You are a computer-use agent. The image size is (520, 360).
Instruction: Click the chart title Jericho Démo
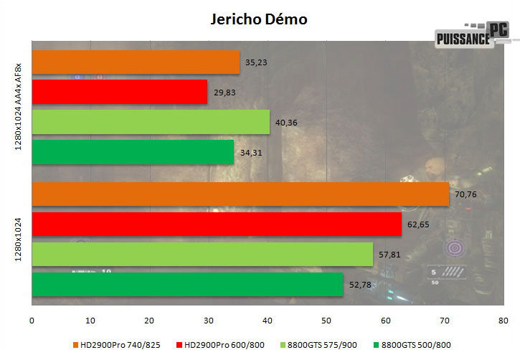[x=259, y=19]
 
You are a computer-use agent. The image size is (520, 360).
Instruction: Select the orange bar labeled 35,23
[x=136, y=62]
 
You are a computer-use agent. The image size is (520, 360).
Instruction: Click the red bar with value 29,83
[x=120, y=92]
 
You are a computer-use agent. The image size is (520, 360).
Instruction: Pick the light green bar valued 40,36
[x=151, y=122]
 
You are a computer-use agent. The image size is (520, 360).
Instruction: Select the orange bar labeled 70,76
[x=240, y=194]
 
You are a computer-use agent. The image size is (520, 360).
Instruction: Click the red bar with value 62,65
[x=217, y=224]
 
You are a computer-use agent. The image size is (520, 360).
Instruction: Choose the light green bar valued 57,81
[x=202, y=255]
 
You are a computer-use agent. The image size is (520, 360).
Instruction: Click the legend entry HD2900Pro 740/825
[x=121, y=345]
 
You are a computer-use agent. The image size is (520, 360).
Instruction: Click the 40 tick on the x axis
[x=268, y=320]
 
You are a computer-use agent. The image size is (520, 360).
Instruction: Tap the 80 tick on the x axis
[x=503, y=320]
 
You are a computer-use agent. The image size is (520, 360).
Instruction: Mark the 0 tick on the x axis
[x=32, y=320]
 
